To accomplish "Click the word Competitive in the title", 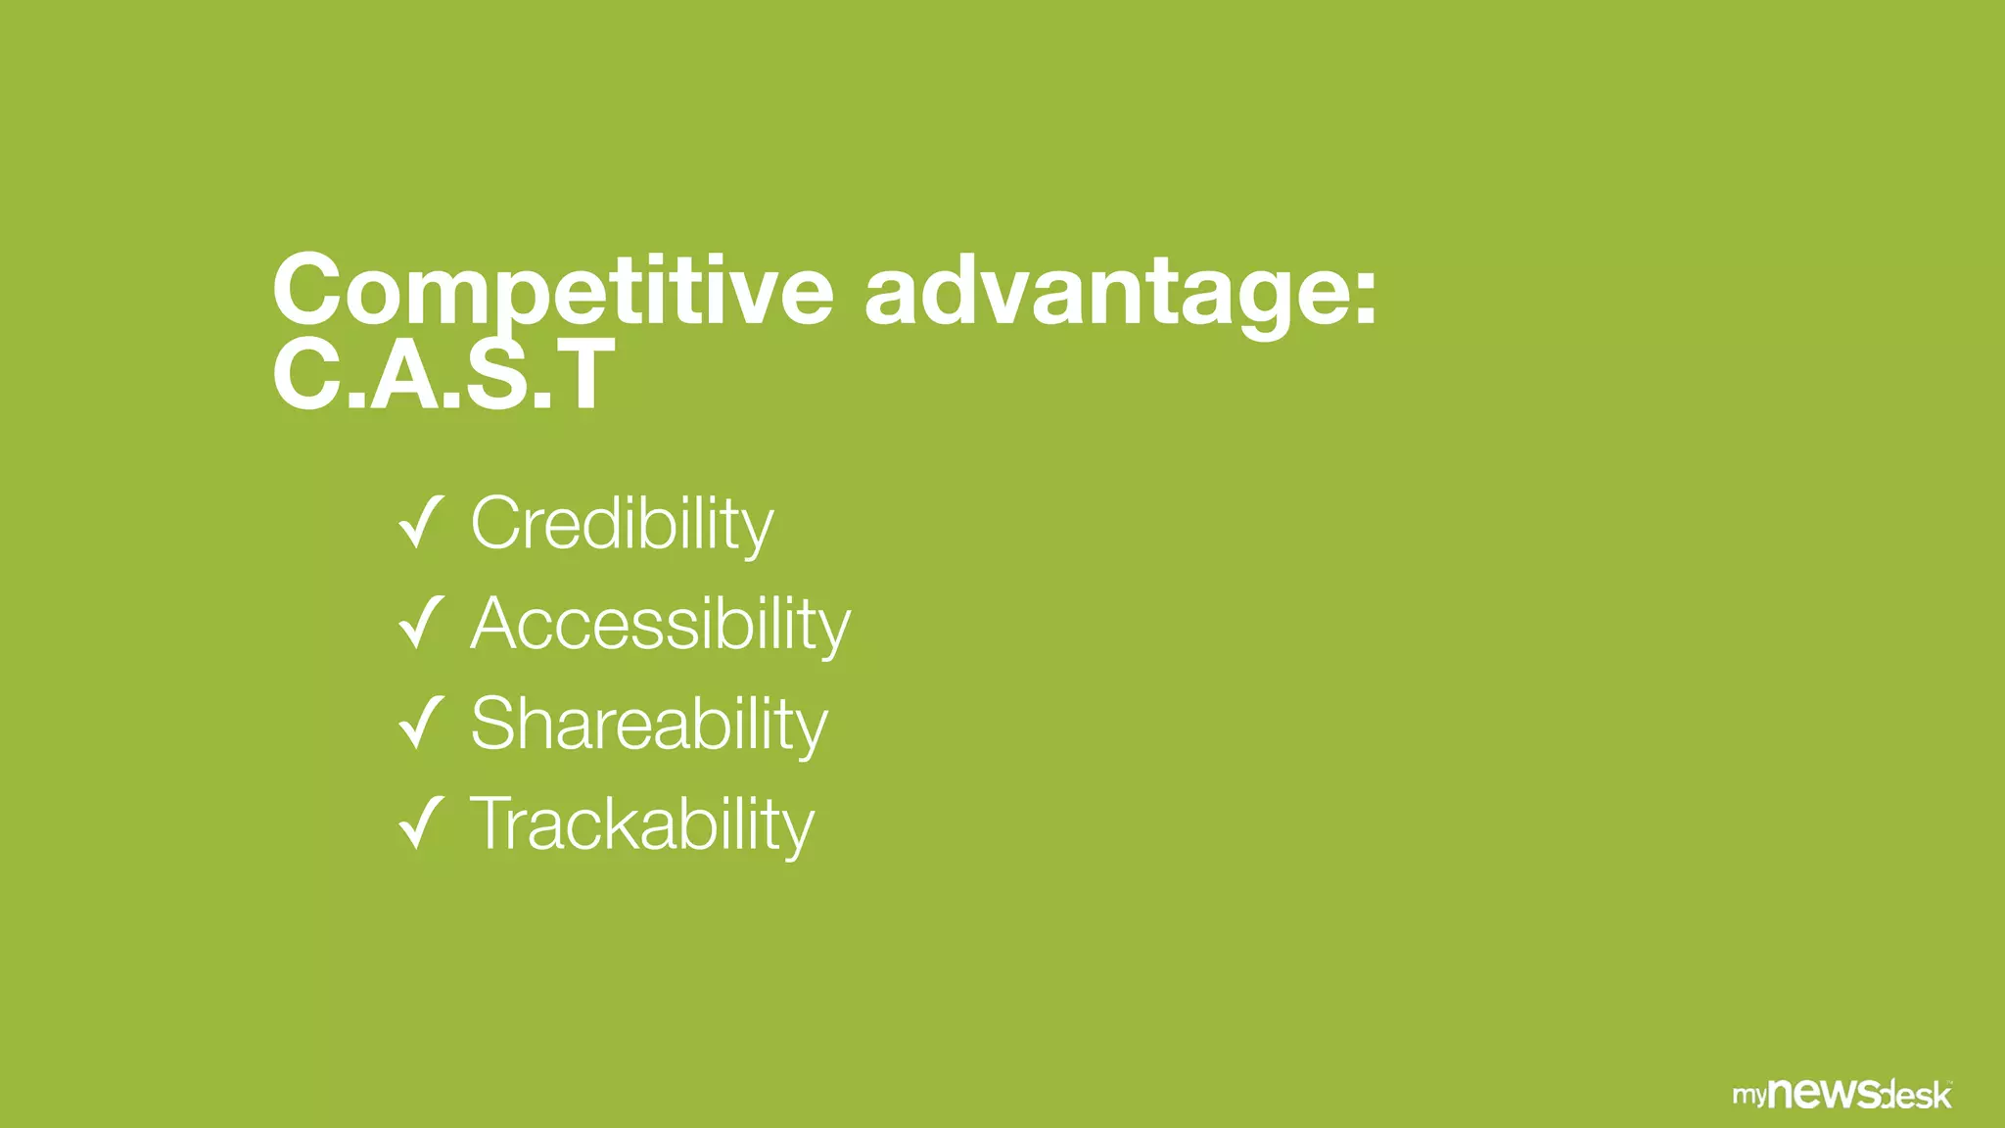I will coord(552,291).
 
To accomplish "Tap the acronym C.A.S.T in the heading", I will coord(443,374).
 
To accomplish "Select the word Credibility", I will coord(622,524).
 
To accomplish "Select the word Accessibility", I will coord(661,624).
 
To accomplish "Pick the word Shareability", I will coord(649,724).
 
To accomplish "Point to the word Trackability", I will coord(642,824).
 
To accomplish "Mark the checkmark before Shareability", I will coord(422,723).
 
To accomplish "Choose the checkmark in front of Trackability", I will coord(422,822).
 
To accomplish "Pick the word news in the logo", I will coord(1826,1092).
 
